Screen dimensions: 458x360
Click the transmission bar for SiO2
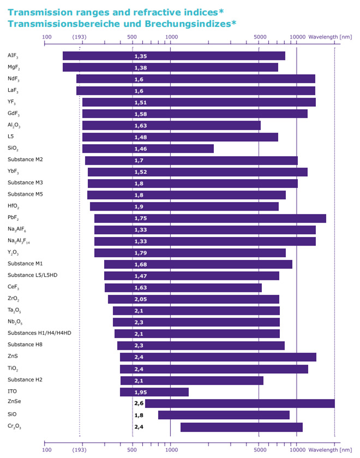148,148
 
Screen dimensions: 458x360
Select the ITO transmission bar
154,392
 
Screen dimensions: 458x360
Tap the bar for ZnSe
239,403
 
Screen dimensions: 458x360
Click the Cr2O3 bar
241,427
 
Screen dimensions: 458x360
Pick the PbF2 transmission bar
210,218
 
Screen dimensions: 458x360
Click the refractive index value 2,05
141,299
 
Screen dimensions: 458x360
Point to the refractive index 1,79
141,253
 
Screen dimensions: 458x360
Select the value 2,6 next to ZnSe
139,403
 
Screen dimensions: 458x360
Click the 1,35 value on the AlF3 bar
141,56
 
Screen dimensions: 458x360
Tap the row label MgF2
15,67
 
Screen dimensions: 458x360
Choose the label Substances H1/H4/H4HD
39,333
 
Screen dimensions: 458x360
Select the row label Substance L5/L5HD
32,275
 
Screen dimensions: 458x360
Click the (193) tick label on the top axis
80,37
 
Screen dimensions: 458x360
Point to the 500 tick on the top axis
132,37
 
